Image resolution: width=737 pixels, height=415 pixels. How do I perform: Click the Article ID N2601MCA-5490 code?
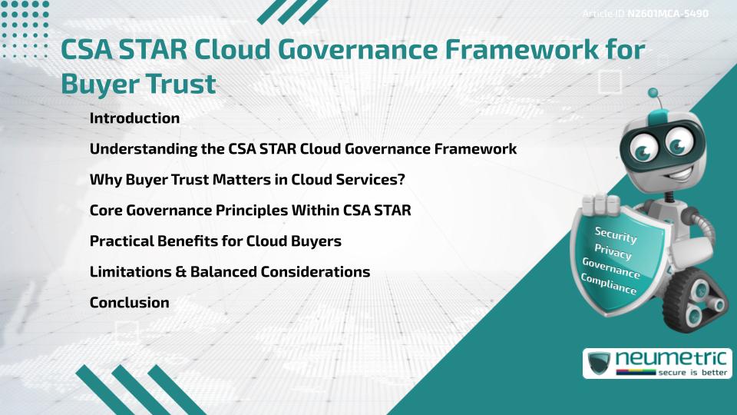click(667, 14)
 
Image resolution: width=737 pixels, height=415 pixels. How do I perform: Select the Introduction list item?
click(134, 118)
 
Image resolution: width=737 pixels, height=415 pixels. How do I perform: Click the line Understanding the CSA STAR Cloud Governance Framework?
click(302, 149)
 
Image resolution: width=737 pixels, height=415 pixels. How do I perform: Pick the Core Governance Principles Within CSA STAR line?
click(250, 211)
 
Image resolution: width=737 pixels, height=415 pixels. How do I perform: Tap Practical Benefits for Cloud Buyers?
click(215, 241)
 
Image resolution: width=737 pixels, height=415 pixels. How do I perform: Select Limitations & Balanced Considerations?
click(230, 272)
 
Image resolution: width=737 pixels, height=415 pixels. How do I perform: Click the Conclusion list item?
click(129, 303)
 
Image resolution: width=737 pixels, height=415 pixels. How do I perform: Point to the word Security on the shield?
click(616, 236)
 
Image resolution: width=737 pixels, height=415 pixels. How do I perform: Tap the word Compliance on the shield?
click(609, 284)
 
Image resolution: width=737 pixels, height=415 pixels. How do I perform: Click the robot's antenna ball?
click(653, 94)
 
